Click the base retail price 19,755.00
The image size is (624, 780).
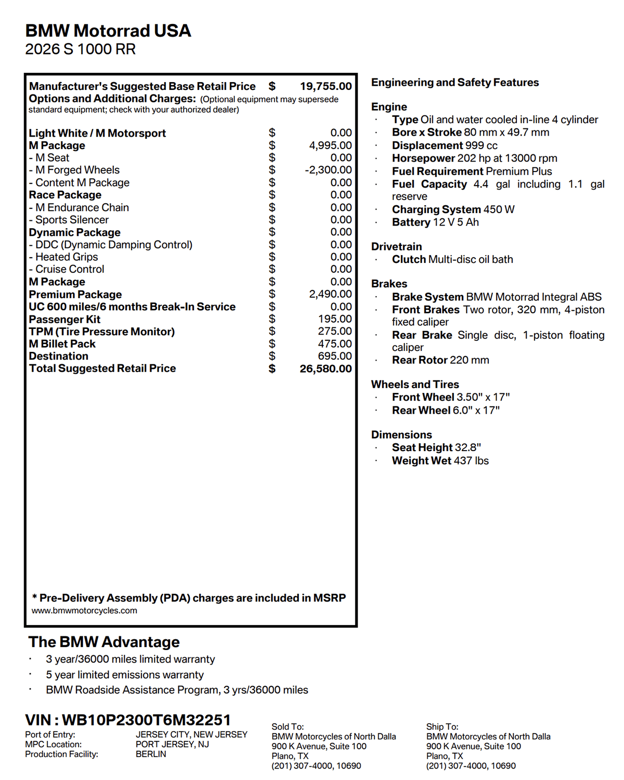(x=326, y=86)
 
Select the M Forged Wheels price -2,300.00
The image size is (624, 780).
(x=328, y=170)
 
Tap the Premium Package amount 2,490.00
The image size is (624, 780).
(x=330, y=294)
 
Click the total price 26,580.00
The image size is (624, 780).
(x=326, y=369)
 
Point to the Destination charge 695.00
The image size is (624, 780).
(x=335, y=356)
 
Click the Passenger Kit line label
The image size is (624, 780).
(x=64, y=319)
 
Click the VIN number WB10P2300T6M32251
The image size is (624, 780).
(x=146, y=720)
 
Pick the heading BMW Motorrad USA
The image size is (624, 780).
(x=108, y=31)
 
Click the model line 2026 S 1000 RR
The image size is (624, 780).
(x=80, y=49)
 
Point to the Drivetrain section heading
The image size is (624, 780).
(x=396, y=246)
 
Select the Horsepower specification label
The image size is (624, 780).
(x=423, y=158)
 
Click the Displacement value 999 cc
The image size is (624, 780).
(x=482, y=146)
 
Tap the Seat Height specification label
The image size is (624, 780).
(x=422, y=447)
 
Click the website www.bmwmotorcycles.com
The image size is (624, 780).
(x=84, y=611)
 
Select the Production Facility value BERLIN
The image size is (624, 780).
(x=151, y=754)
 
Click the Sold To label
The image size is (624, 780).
(x=288, y=726)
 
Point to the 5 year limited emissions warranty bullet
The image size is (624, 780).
(x=125, y=675)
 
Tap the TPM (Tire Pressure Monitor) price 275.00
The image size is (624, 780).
(x=335, y=331)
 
